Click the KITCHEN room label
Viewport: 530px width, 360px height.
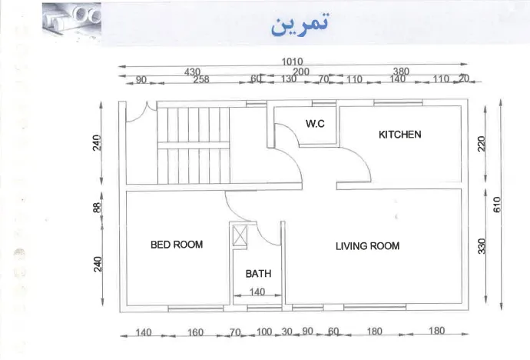click(400, 135)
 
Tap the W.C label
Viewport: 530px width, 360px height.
click(315, 124)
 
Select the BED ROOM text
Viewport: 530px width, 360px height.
click(177, 245)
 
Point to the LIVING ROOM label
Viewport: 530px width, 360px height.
click(367, 246)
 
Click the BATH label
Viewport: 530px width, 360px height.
click(258, 273)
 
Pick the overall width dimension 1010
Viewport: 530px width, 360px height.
click(292, 62)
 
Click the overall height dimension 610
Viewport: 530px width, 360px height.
click(497, 205)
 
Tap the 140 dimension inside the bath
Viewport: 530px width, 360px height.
click(257, 292)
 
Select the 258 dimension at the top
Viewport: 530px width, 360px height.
click(201, 79)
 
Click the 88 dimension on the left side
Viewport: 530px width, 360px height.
click(97, 208)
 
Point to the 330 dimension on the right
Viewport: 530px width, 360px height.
click(482, 246)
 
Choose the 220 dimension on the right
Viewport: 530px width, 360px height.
click(482, 143)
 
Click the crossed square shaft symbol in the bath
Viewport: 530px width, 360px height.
click(240, 235)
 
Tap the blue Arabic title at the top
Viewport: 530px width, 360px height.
click(300, 24)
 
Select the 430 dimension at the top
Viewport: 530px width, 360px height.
click(192, 72)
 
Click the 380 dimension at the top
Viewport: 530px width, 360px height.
click(401, 72)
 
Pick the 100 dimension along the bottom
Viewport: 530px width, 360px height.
click(264, 332)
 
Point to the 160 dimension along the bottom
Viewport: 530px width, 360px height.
click(195, 332)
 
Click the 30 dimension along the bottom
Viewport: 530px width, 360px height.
click(287, 332)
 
